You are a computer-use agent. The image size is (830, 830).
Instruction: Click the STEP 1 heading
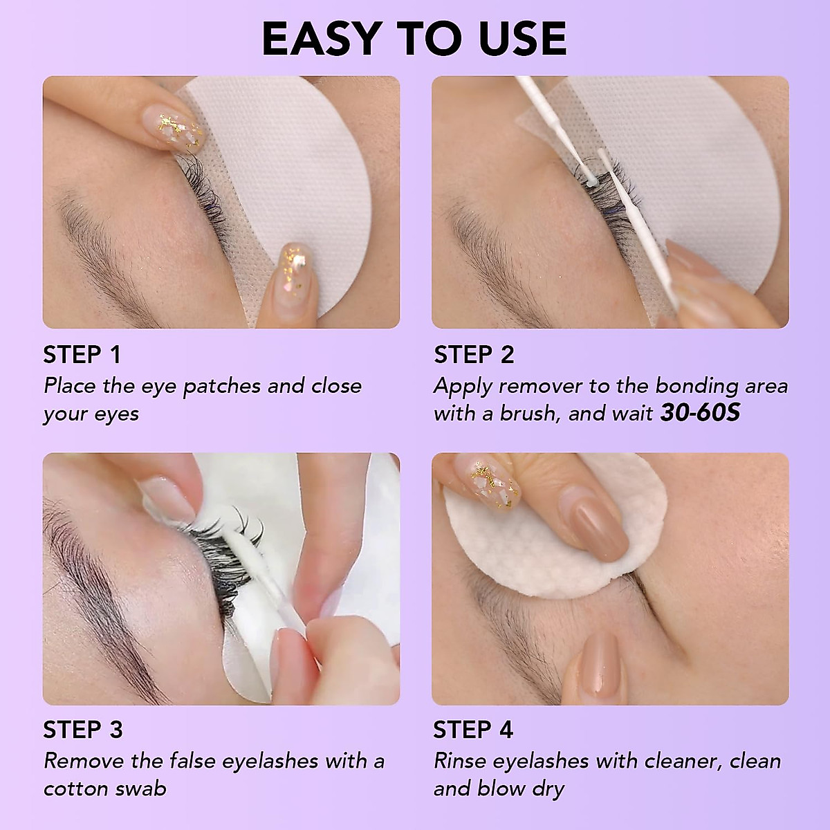click(82, 355)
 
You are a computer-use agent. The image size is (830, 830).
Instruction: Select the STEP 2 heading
click(474, 355)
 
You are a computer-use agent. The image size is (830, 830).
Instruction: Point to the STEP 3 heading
click(82, 730)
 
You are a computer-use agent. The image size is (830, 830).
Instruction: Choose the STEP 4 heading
click(473, 730)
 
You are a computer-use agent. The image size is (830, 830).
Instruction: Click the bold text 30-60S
click(699, 413)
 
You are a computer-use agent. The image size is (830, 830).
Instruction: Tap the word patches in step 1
click(222, 386)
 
